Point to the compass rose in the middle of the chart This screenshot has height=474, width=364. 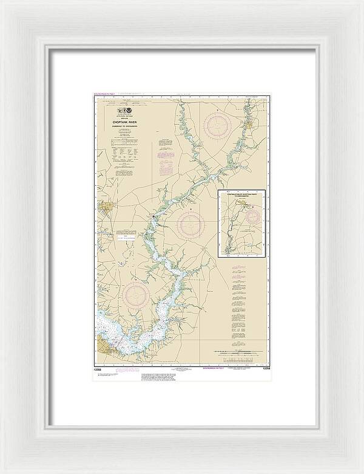(190, 224)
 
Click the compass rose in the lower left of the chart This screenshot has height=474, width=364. (135, 297)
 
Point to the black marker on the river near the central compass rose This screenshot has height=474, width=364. (155, 218)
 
